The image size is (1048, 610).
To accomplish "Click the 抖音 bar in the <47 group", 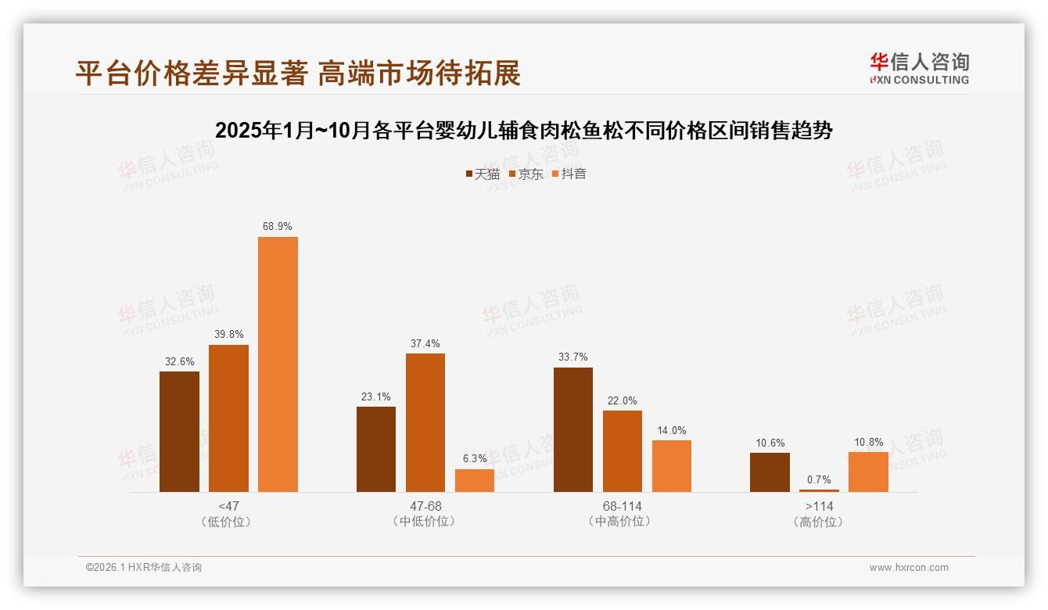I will pyautogui.click(x=278, y=364).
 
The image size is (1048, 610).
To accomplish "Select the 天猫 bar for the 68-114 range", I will pyautogui.click(x=573, y=429).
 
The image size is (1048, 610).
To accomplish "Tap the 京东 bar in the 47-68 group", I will pyautogui.click(x=425, y=422).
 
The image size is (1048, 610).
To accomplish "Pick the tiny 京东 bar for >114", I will pyautogui.click(x=819, y=490).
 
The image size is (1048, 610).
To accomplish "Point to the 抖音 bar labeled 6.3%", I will pyautogui.click(x=475, y=480).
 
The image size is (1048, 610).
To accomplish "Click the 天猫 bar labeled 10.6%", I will pyautogui.click(x=770, y=472).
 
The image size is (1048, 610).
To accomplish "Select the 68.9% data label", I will pyautogui.click(x=278, y=226).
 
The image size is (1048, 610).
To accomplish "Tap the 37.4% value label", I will pyautogui.click(x=425, y=343).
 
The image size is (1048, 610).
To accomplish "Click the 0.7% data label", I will pyautogui.click(x=819, y=479).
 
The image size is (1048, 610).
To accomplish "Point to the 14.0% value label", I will pyautogui.click(x=672, y=430).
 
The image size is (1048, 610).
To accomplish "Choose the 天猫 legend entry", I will pyautogui.click(x=482, y=174).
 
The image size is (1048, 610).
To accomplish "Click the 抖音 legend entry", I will pyautogui.click(x=569, y=174).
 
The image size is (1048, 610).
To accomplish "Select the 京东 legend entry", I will pyautogui.click(x=526, y=174).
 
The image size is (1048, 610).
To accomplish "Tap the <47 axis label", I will pyautogui.click(x=229, y=506).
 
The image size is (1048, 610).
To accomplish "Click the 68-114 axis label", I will pyautogui.click(x=623, y=506).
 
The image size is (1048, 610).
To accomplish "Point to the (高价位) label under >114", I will pyautogui.click(x=819, y=522).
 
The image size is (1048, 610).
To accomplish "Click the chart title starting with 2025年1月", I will pyautogui.click(x=523, y=130).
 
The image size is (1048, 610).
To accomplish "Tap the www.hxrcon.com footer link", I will pyautogui.click(x=909, y=568).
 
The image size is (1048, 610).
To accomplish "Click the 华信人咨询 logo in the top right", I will pyautogui.click(x=919, y=68).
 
